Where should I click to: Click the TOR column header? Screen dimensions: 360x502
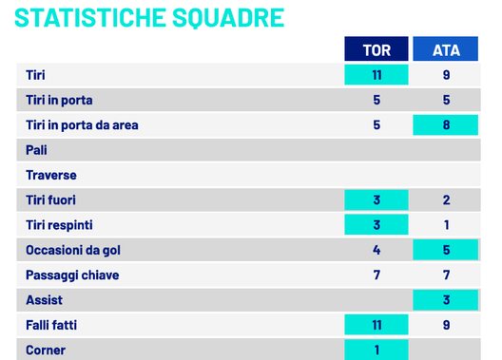click(376, 49)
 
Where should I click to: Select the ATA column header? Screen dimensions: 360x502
click(446, 49)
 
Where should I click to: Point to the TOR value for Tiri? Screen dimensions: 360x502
click(376, 75)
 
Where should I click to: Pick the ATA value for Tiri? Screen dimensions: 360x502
click(446, 75)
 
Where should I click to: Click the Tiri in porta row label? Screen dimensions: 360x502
click(59, 100)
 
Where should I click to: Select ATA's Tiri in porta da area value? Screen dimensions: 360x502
click(446, 124)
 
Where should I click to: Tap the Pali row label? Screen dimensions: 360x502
click(37, 150)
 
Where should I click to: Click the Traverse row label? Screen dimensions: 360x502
click(51, 175)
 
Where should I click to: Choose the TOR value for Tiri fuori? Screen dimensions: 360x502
click(376, 199)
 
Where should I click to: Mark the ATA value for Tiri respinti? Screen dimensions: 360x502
click(446, 225)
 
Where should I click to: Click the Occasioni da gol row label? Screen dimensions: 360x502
click(73, 250)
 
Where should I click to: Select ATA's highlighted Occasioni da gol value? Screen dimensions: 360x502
click(446, 250)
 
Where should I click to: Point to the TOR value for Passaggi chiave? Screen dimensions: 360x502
click(376, 275)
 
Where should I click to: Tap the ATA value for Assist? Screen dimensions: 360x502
click(446, 300)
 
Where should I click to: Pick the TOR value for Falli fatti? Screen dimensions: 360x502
click(376, 325)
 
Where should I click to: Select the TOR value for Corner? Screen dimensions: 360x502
click(376, 349)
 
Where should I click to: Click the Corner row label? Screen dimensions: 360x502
click(45, 349)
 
